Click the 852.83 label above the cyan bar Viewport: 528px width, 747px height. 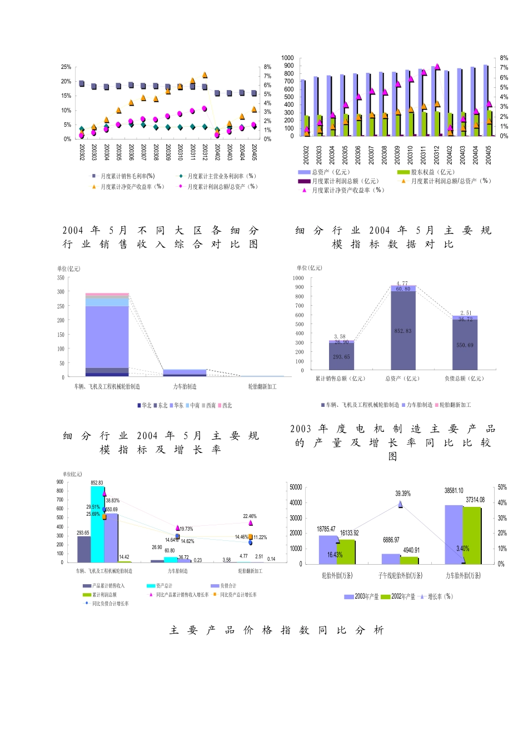[97, 483]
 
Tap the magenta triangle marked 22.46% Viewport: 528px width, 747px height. [251, 523]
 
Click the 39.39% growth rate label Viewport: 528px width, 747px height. [403, 494]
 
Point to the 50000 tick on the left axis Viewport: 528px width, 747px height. [296, 487]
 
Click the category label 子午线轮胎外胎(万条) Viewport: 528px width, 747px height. [400, 575]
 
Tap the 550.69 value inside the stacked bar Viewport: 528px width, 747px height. [465, 345]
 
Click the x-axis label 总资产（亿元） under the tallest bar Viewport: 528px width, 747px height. [403, 379]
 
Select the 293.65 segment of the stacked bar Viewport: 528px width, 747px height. [341, 357]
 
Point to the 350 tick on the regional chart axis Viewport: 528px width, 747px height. [61, 278]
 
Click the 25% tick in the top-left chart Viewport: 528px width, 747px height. [66, 67]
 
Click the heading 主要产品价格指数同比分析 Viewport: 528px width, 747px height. [277, 630]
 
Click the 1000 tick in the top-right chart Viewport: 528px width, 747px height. [287, 58]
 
